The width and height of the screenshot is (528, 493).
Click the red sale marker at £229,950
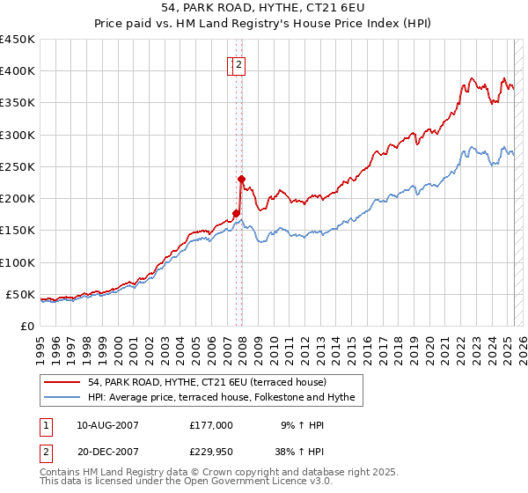coord(241,179)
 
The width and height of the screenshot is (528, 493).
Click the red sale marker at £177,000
coord(236,212)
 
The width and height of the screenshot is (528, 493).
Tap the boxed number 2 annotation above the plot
coord(239,63)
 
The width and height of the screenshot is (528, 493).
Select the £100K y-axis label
coord(17,262)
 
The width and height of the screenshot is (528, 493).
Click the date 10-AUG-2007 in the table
coord(108,425)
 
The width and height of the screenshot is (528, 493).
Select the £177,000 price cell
coord(210,425)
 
